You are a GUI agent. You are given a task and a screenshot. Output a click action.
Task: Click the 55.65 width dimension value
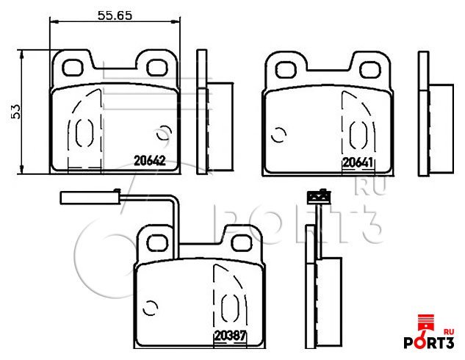click(x=115, y=15)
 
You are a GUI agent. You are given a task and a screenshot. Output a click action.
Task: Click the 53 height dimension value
click(x=15, y=112)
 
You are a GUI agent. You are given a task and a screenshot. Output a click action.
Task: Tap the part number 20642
click(x=150, y=161)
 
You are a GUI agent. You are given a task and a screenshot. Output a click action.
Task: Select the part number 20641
click(x=358, y=162)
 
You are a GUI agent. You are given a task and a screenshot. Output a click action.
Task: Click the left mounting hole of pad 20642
click(x=71, y=68)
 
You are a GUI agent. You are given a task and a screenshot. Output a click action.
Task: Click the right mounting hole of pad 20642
click(x=156, y=68)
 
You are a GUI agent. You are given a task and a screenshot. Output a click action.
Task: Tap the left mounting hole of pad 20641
click(x=286, y=70)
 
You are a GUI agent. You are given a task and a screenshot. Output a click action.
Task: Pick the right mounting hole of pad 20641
click(x=370, y=70)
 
